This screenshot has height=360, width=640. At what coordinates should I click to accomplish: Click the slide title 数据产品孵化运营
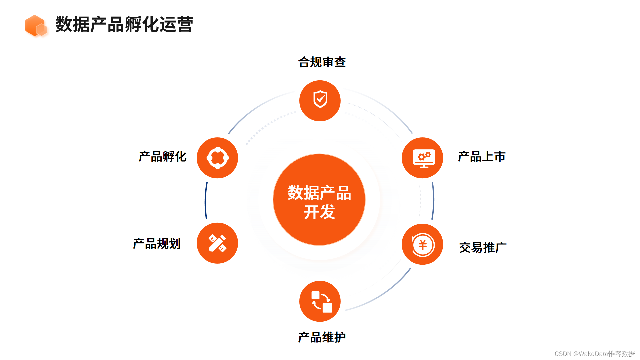(124, 24)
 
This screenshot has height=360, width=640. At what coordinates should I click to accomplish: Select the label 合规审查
(322, 62)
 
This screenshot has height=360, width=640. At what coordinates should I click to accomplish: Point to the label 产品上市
(482, 156)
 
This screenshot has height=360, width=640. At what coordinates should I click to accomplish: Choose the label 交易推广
(483, 247)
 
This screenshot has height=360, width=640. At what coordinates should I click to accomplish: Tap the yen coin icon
(422, 244)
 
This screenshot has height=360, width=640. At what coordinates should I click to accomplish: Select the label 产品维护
(322, 337)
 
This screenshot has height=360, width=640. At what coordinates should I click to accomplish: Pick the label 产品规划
(157, 244)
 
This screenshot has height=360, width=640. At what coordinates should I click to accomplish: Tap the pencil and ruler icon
(217, 243)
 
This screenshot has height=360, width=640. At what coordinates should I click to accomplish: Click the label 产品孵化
(163, 156)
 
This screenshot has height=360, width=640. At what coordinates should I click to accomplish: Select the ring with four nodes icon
(217, 158)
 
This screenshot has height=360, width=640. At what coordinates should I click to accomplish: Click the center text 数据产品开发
(319, 202)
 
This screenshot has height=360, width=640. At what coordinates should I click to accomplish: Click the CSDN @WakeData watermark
(594, 354)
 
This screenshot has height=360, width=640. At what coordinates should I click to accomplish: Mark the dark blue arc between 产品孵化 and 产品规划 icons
(206, 201)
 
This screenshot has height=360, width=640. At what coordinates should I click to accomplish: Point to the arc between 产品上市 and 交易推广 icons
(433, 201)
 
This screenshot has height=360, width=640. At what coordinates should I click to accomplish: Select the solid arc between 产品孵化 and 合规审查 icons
(257, 106)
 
